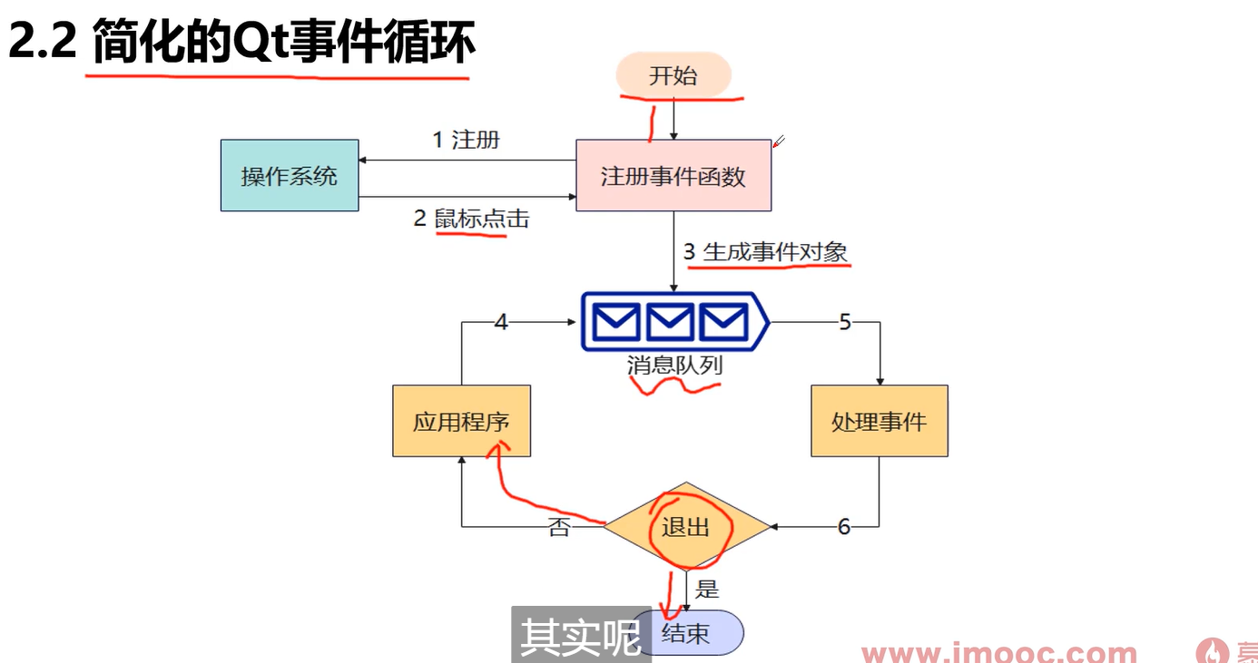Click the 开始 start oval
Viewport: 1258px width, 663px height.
tap(673, 75)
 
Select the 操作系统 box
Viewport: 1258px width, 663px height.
tap(290, 175)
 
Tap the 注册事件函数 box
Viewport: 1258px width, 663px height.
tap(673, 175)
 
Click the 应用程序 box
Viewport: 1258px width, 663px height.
tap(461, 421)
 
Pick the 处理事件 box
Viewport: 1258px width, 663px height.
tap(879, 421)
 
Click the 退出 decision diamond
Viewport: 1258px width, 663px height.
tap(686, 527)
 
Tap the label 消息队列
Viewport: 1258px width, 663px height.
tap(674, 366)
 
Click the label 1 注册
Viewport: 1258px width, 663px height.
tap(466, 140)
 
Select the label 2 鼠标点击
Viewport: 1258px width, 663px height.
tap(471, 218)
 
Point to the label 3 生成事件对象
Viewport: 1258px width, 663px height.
tap(766, 251)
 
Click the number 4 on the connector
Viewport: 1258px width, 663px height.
tap(501, 322)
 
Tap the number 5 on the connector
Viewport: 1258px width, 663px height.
tap(845, 322)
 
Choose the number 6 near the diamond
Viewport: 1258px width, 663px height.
tap(844, 527)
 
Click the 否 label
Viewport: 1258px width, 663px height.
tap(559, 527)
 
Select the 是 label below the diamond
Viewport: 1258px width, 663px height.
tap(707, 590)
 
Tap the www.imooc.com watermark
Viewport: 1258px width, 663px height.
tap(998, 652)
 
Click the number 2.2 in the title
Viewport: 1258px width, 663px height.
tap(42, 42)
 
